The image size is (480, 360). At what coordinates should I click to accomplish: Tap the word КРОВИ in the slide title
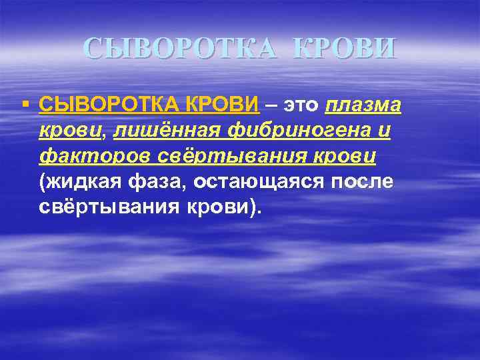tap(345, 48)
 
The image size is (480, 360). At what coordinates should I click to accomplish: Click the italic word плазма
tap(363, 106)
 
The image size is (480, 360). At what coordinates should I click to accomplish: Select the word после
tap(367, 181)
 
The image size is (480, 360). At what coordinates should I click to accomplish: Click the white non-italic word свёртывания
tap(109, 207)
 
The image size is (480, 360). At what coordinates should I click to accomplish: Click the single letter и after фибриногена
tap(383, 131)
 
